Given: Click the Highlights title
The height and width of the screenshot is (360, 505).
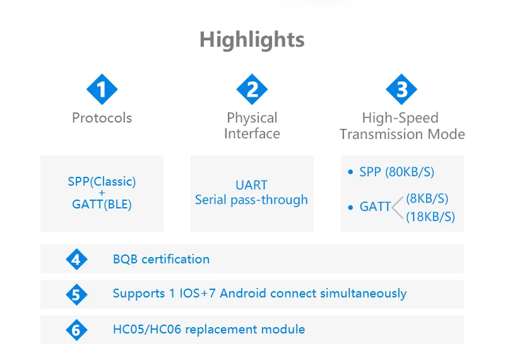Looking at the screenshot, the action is (252, 40).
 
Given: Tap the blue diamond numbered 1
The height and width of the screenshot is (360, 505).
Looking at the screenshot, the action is (102, 89).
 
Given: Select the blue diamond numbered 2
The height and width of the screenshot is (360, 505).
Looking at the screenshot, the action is (252, 89).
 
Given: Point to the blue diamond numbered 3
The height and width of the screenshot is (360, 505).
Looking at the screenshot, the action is (401, 89).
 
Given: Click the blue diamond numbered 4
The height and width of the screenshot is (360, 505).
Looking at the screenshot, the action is (76, 259).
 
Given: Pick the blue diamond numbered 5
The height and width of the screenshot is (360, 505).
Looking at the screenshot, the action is (76, 294).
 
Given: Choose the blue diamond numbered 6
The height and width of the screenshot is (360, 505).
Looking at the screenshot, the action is (76, 330).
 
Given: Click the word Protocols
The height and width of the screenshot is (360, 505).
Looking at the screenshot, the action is (102, 118).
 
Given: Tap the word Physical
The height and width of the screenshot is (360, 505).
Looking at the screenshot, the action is (252, 118).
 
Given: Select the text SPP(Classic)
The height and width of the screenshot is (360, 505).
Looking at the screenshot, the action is (102, 182).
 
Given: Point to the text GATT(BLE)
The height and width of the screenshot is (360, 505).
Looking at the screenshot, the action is (102, 205).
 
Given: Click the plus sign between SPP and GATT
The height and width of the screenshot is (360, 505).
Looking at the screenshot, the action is (102, 193).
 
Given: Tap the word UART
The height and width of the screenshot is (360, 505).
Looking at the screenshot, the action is (251, 185).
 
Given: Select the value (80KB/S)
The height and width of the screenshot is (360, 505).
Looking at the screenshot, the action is (410, 172).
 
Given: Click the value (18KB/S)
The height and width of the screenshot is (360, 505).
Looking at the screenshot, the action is (431, 217).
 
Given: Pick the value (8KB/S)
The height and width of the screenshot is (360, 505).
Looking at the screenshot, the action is (427, 198).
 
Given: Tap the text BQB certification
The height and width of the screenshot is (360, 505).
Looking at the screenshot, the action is (161, 259).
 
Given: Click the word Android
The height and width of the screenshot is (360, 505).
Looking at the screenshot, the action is (243, 293).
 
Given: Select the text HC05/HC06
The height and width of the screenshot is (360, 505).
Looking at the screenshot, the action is (147, 330).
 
